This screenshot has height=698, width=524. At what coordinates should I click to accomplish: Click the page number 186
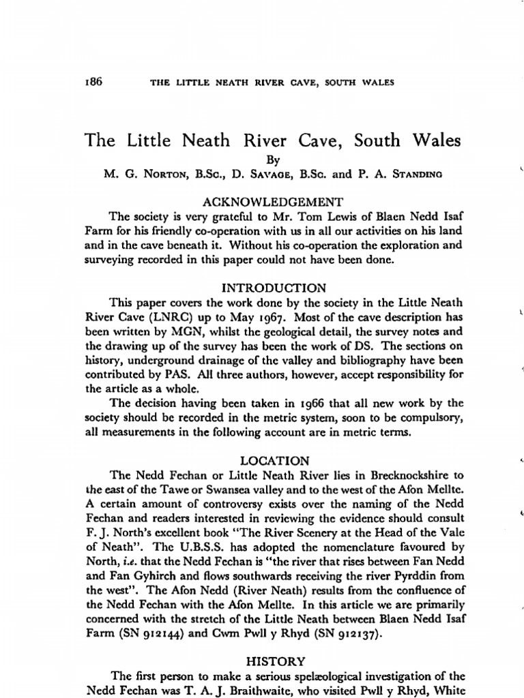(93, 82)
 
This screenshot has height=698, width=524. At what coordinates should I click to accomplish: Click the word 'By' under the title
(272, 161)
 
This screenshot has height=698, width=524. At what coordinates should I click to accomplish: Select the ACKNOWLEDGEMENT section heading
(273, 201)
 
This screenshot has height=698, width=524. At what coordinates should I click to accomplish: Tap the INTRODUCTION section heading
(273, 287)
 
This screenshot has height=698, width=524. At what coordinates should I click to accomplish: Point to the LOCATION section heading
(273, 460)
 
